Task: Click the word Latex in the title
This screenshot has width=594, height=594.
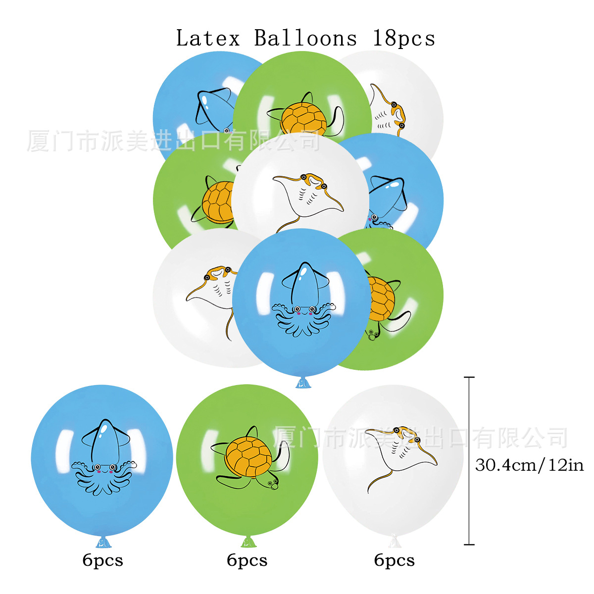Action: pos(208,39)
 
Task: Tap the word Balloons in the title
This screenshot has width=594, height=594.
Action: pos(305,39)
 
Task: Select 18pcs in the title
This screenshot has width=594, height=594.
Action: pos(403,39)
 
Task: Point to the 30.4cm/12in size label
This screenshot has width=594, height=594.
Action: pos(529,465)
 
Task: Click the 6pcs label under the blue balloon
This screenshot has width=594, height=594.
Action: pos(102,560)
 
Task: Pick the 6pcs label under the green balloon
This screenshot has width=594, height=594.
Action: pos(247,560)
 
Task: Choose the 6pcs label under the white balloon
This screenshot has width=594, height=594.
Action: pos(394,560)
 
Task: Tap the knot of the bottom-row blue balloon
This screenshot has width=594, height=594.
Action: pos(103,543)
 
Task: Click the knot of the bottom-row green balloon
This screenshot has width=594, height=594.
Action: pos(248,542)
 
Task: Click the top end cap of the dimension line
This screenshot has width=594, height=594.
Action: pos(469,377)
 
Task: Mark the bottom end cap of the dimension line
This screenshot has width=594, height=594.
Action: pos(469,544)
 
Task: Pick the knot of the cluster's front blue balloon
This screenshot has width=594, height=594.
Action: pos(303,383)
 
